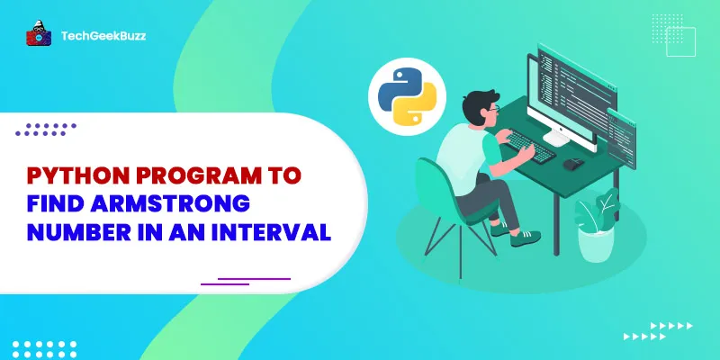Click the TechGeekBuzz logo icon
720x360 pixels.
(x=37, y=35)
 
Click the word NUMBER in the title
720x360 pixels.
(x=74, y=232)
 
